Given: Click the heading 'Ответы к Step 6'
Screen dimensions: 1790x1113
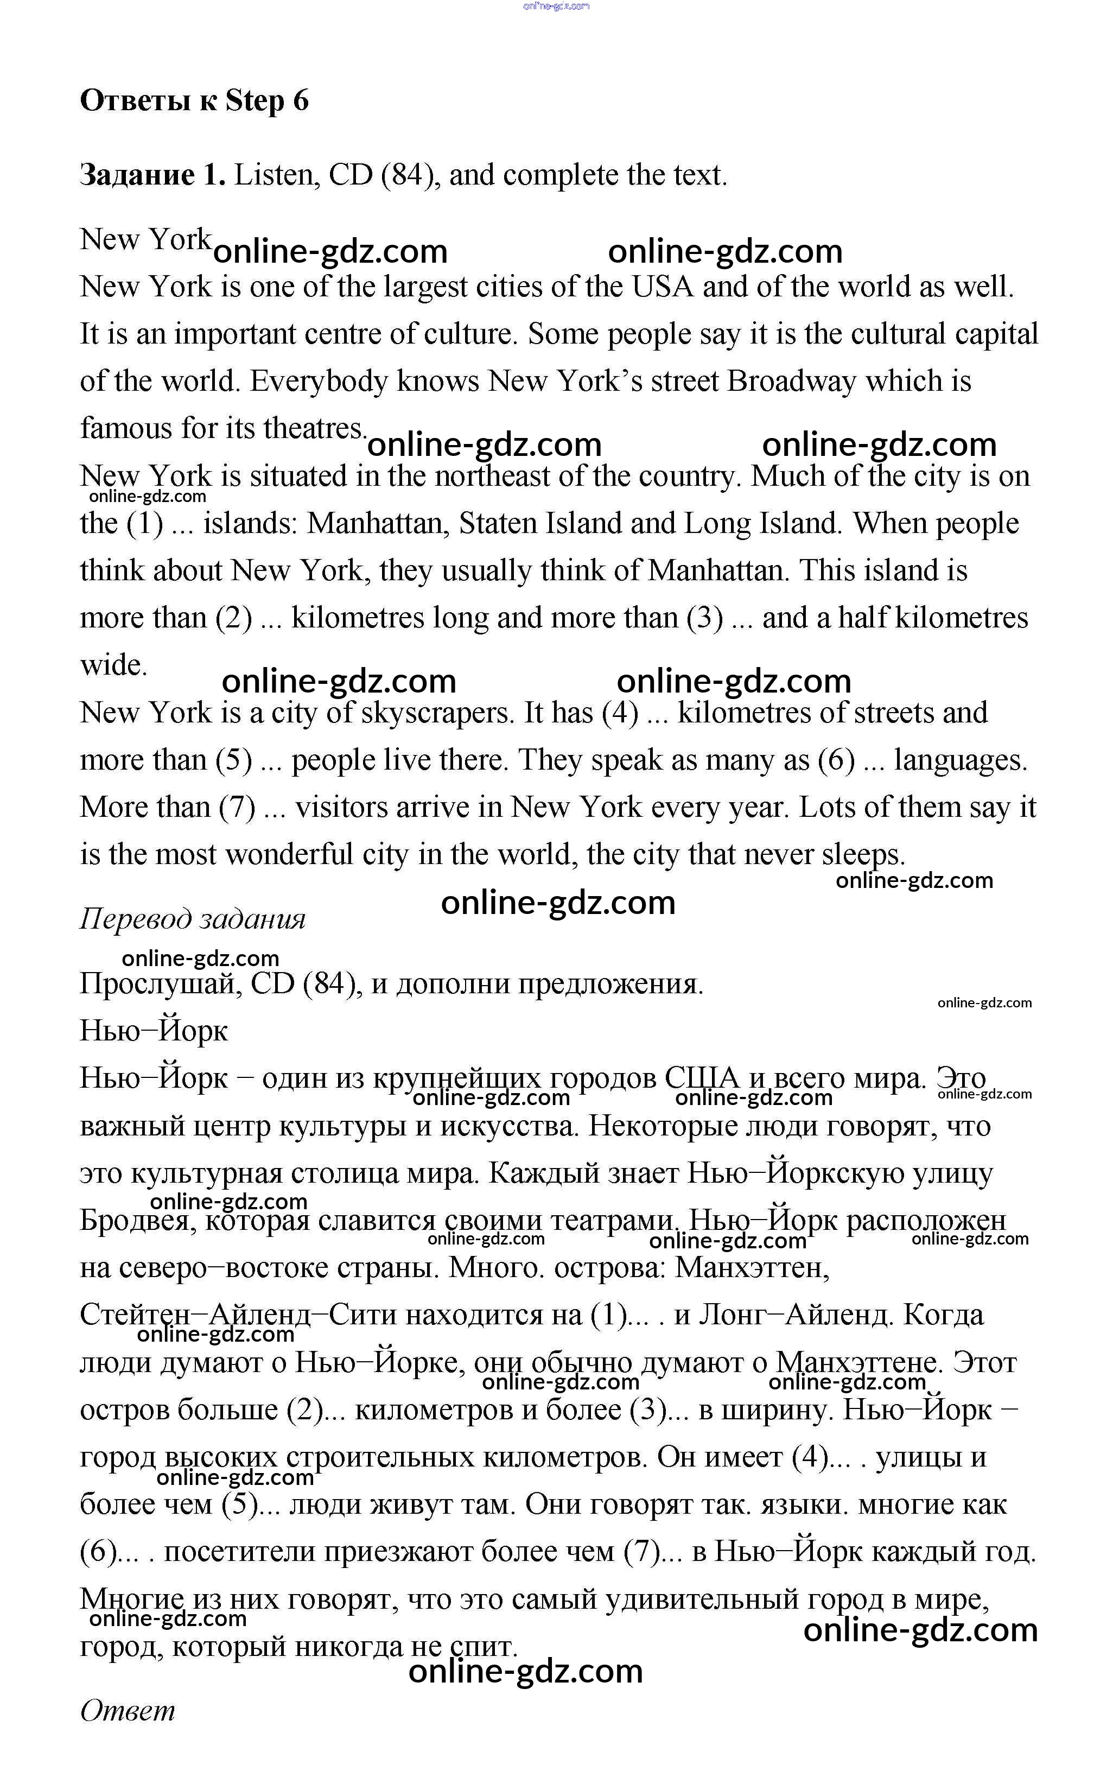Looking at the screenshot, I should pos(194,101).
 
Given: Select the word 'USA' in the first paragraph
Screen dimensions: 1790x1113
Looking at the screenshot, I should pos(663,287).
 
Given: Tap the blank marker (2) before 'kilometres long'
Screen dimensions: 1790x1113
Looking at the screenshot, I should pos(233,618).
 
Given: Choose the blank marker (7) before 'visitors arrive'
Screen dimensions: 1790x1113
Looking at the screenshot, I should pos(237,808).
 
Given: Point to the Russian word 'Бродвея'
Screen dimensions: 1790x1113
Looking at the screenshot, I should pos(137,1221).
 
